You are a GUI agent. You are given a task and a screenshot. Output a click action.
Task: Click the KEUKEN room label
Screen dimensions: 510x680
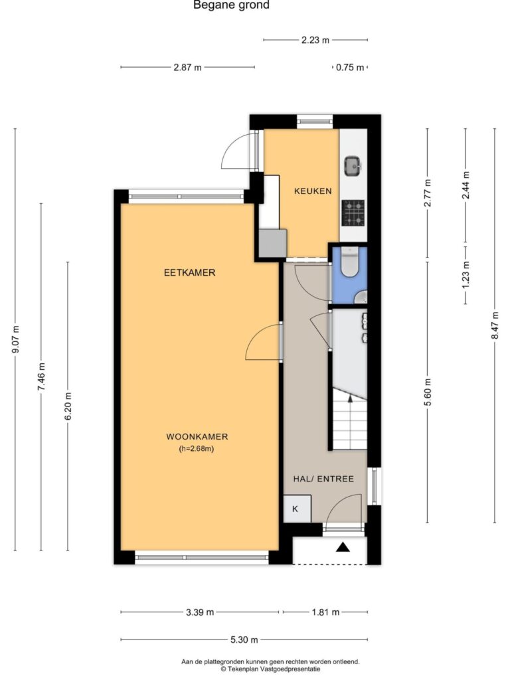tap(313, 191)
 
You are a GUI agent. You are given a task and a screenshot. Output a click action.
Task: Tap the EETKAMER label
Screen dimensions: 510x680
tap(189, 273)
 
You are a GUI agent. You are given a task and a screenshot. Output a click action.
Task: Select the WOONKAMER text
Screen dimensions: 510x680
tap(197, 437)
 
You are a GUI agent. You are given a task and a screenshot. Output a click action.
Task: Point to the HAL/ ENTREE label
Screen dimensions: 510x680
tap(323, 479)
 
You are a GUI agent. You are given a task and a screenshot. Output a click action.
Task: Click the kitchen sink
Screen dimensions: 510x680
tap(353, 166)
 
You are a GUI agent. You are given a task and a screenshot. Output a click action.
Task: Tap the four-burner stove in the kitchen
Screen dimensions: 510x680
tap(353, 213)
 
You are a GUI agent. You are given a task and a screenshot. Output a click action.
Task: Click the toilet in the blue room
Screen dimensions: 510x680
tap(349, 262)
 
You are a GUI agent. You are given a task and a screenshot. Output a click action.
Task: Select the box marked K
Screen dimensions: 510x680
tap(297, 509)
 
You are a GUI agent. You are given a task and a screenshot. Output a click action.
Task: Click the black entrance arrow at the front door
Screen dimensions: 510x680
tap(343, 547)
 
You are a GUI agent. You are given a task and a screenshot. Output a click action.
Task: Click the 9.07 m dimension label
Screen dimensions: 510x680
tap(16, 339)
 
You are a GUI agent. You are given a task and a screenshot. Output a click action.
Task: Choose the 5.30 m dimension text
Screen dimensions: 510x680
tap(244, 639)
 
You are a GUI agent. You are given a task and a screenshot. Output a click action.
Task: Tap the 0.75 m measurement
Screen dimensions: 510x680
tap(350, 68)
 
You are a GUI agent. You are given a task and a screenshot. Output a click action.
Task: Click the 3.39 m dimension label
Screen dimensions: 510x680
tap(200, 612)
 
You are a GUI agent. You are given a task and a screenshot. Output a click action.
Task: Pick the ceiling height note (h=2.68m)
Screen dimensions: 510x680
tap(197, 449)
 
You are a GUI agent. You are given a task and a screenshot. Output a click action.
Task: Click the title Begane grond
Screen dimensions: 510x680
tap(231, 5)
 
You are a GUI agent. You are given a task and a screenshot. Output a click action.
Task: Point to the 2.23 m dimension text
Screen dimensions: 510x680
tap(315, 41)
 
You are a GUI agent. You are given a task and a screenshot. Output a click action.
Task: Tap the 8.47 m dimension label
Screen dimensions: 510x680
tap(495, 326)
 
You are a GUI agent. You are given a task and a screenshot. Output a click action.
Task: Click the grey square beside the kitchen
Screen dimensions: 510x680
tap(273, 243)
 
